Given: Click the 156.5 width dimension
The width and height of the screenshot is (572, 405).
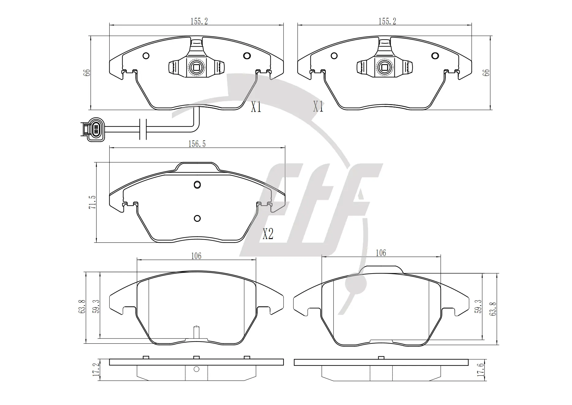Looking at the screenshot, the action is pos(197,144).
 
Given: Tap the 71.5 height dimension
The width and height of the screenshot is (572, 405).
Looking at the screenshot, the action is pos(92,202).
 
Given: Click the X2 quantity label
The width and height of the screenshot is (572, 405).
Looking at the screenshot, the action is pos(268,235).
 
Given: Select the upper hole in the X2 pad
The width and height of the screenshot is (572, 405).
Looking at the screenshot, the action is pos(198,185).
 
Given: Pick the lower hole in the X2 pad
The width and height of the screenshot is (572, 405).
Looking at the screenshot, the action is pos(198,218).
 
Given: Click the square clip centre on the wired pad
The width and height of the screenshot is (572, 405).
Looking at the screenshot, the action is pos(195,67).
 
